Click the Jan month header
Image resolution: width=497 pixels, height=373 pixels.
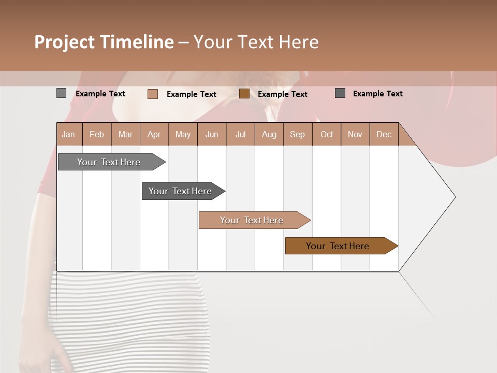[x=69, y=134]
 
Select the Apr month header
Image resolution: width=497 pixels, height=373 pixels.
[x=154, y=134]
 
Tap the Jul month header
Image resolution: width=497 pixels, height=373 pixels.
[x=240, y=134]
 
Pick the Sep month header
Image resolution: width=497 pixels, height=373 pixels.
[x=297, y=134]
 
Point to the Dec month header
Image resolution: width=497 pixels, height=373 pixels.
[x=384, y=134]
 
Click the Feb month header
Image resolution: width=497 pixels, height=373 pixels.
[x=97, y=134]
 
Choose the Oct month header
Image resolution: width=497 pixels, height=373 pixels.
[x=327, y=134]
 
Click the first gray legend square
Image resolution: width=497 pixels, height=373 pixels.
[x=62, y=93]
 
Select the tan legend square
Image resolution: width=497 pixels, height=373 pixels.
[x=153, y=94]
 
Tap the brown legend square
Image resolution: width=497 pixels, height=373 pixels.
[x=244, y=94]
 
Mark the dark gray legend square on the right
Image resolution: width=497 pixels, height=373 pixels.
[x=340, y=93]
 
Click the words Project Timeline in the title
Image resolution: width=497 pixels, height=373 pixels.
[x=104, y=42]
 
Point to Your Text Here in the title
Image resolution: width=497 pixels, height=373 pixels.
[x=256, y=42]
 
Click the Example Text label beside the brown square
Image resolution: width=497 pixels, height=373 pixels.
[x=282, y=94]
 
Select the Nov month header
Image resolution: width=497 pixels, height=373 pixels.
[x=355, y=134]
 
